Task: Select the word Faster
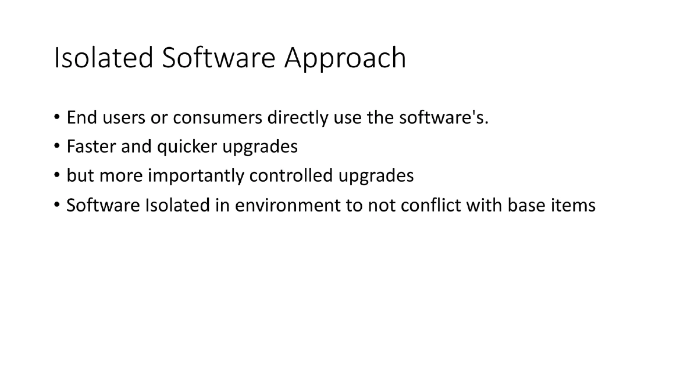(91, 147)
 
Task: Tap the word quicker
(178, 147)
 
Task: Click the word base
(529, 205)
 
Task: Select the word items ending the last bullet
(575, 205)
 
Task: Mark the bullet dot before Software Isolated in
(56, 206)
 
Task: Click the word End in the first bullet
(79, 118)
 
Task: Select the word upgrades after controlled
(376, 176)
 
